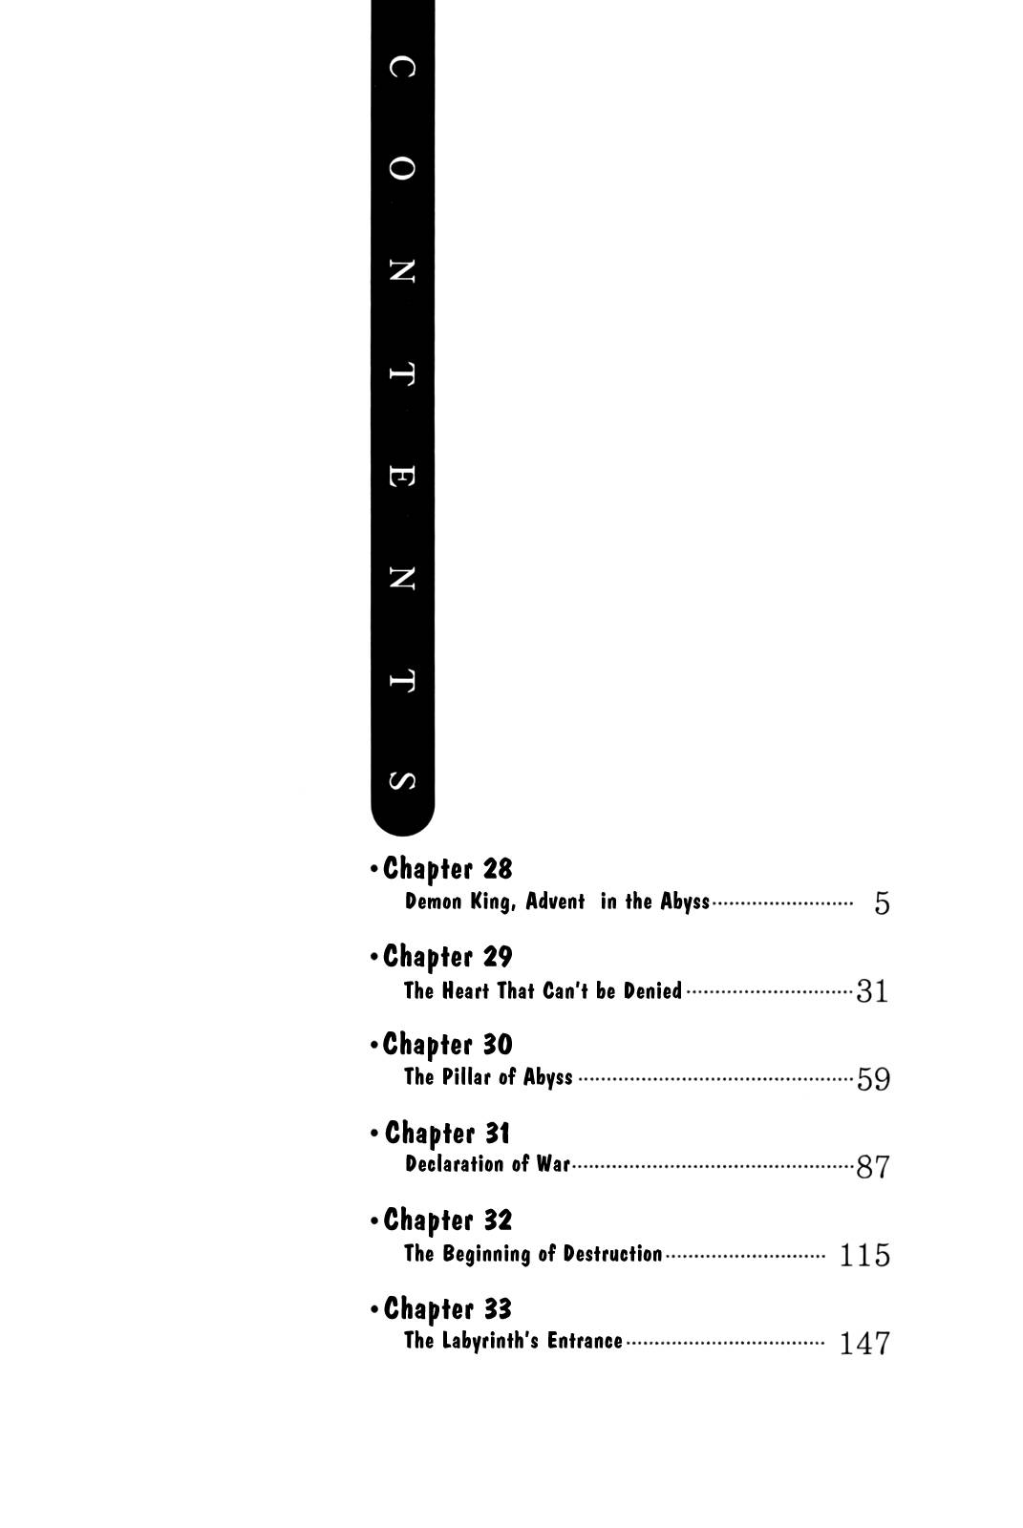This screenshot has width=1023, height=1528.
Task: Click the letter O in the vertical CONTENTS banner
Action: tap(401, 168)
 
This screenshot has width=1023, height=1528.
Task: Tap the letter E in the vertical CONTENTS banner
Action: tap(401, 476)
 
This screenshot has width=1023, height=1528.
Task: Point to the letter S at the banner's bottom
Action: tap(401, 781)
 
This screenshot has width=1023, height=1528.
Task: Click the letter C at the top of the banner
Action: tap(401, 67)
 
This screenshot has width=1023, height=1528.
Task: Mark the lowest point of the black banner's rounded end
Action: tap(403, 836)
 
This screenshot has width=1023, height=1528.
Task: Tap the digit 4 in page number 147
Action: tap(864, 1344)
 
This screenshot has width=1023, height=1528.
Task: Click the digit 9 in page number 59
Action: tap(883, 1079)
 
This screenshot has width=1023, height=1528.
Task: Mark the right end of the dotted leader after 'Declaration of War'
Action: tap(853, 1167)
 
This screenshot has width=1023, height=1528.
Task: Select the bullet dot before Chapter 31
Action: tap(374, 1134)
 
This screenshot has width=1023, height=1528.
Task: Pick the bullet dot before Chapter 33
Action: tap(374, 1309)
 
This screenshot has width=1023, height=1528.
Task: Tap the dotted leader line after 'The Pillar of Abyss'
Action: tap(715, 1080)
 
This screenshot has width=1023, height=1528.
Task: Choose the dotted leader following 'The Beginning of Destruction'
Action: tap(745, 1256)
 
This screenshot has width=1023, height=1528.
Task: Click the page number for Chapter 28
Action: tap(882, 903)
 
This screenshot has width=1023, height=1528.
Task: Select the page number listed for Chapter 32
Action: tap(864, 1256)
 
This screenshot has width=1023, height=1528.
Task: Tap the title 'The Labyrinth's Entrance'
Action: tap(513, 1341)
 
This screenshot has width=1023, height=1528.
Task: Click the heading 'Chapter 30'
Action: tap(448, 1045)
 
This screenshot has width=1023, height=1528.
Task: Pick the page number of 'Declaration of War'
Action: tap(873, 1167)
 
